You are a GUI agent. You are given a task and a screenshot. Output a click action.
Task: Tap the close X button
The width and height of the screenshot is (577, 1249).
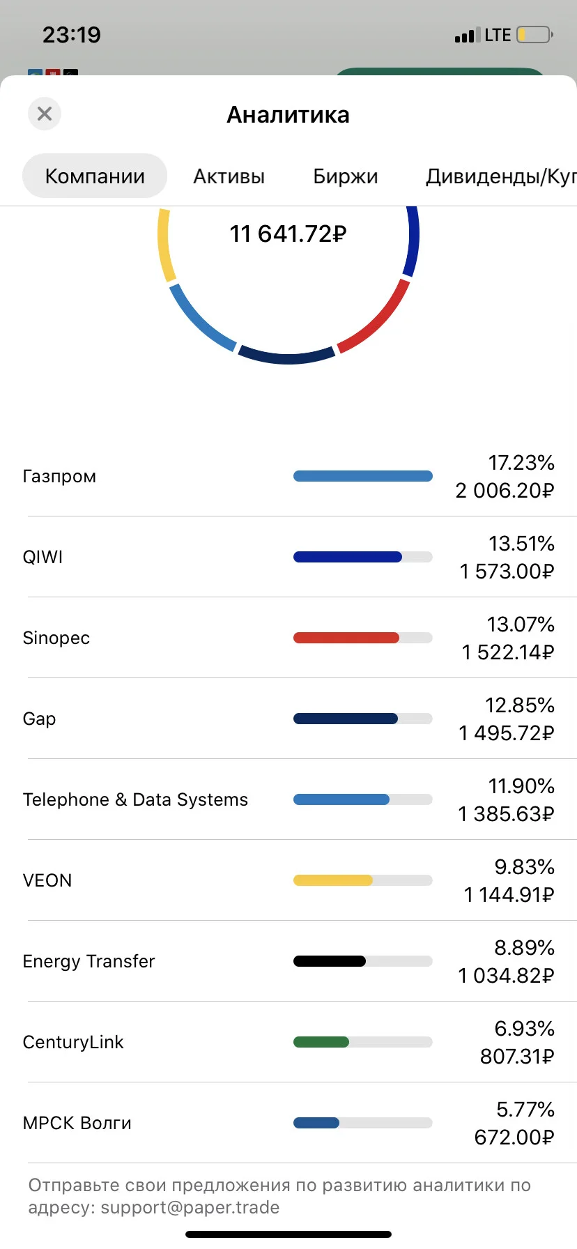coord(45,114)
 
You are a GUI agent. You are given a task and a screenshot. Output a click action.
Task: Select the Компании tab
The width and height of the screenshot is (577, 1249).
coord(95,176)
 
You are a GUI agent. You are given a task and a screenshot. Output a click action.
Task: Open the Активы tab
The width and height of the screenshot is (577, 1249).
coord(229,176)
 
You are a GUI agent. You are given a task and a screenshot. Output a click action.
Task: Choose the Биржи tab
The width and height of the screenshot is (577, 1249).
coord(346,176)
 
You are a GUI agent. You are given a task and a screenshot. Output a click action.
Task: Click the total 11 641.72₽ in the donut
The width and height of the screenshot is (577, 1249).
coord(288,233)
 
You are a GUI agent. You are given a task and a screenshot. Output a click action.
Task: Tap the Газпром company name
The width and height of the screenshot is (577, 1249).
coord(59,477)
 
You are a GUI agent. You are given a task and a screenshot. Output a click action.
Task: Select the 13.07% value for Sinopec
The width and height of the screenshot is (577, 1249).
coord(521,624)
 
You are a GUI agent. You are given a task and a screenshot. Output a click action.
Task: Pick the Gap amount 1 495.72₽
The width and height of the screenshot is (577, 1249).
coord(507,733)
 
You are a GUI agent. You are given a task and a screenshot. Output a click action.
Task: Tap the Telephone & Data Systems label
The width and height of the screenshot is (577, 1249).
coord(135,799)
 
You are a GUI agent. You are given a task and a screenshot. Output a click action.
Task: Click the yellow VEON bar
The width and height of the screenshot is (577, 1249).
coord(333,880)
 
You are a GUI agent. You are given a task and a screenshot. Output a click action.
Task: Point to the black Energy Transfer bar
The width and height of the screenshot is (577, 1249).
coord(330,961)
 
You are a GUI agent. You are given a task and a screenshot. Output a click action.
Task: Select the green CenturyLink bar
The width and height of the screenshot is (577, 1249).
coord(321,1042)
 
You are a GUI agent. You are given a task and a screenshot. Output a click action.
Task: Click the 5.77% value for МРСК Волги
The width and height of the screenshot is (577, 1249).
coord(525,1110)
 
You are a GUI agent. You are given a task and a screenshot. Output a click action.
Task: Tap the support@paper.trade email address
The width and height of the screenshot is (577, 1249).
coord(190,1207)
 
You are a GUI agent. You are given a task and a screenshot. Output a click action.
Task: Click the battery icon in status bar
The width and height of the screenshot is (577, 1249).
coord(535,35)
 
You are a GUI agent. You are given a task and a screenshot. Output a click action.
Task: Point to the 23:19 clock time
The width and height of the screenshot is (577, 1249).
coord(72,35)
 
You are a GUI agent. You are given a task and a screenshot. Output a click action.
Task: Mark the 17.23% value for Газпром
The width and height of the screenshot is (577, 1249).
coord(521,463)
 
